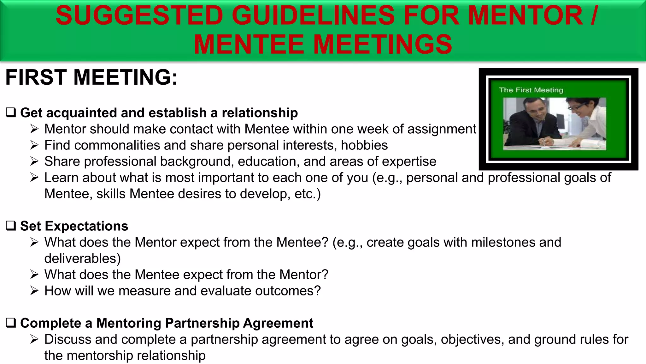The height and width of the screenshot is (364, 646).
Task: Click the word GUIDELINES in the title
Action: [313, 16]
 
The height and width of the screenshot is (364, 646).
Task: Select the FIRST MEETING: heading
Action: [91, 77]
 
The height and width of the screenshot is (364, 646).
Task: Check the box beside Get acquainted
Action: [11, 112]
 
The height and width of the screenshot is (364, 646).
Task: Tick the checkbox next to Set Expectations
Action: [11, 226]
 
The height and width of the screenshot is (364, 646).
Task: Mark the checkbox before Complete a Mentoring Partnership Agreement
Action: [11, 323]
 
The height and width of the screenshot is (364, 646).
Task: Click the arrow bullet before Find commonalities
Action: [34, 145]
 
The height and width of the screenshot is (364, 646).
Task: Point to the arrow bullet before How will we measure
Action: [34, 291]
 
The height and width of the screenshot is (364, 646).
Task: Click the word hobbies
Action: [364, 145]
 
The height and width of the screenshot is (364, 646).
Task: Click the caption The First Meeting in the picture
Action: [531, 90]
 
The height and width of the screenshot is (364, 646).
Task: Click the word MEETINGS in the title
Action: [383, 44]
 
